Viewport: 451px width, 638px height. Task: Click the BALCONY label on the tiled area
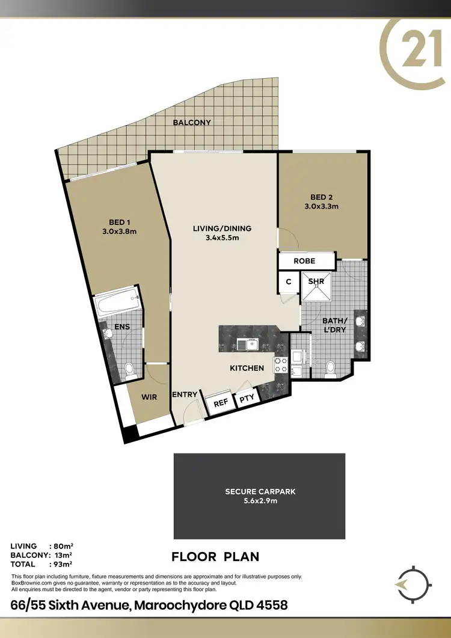click(192, 123)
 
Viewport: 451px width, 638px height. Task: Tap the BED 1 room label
click(116, 222)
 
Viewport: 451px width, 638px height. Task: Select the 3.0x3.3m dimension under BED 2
click(321, 206)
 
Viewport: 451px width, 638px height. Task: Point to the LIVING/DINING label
click(222, 229)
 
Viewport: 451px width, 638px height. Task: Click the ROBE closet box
click(305, 261)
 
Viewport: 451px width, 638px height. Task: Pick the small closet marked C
click(288, 281)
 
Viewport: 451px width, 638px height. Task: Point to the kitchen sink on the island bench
click(248, 344)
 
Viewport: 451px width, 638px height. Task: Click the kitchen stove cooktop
click(281, 363)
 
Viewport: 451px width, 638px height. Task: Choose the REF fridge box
click(220, 403)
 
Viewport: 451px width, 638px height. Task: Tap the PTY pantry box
click(246, 399)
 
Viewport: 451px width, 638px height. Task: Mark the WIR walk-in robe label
click(149, 397)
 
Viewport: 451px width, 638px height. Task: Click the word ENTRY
click(185, 394)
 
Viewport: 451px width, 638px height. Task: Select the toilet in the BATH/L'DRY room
click(330, 367)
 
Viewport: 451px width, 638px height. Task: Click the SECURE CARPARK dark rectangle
click(259, 496)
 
